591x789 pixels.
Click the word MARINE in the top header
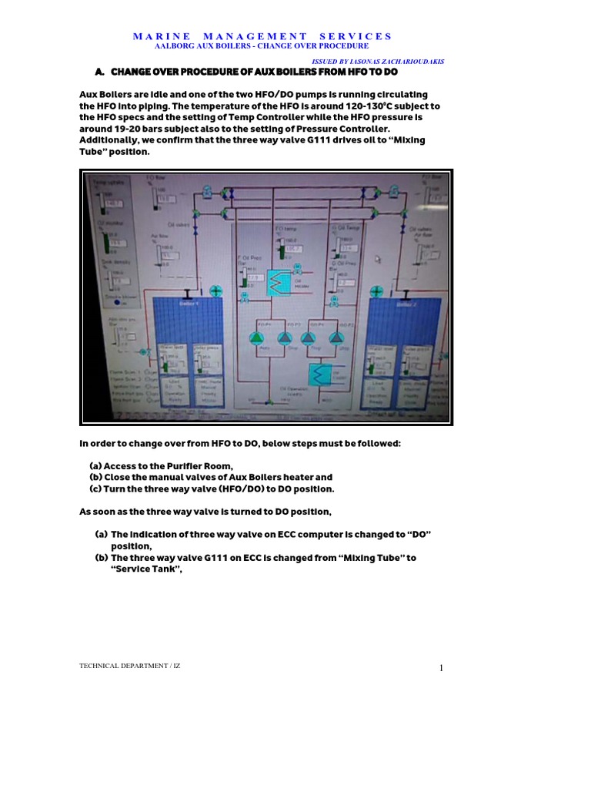[157, 36]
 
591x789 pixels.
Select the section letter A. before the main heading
[98, 72]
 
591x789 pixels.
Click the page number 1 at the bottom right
[441, 668]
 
